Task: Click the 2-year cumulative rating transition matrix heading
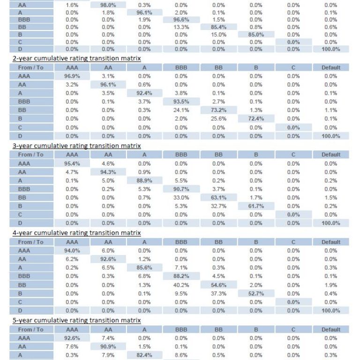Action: pos(77,58)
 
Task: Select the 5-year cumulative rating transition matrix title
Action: pos(77,320)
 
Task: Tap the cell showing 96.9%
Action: pos(72,76)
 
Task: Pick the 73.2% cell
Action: pos(218,110)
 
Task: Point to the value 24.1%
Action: pos(181,110)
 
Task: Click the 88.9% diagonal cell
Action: pos(144,180)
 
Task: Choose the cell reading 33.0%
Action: pos(181,197)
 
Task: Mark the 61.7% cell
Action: pos(256,206)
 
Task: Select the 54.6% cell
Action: pos(218,285)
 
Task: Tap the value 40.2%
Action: pos(181,285)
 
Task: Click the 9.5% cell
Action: pos(181,293)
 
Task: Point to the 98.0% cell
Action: pos(108,5)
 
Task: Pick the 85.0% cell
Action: pos(256,35)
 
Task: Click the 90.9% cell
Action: pos(108,346)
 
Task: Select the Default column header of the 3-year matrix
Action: pos(331,155)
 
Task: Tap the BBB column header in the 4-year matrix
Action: pos(181,242)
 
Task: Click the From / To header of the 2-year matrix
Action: pos(31,67)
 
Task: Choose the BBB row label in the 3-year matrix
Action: pos(24,189)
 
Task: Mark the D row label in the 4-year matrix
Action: pos(20,310)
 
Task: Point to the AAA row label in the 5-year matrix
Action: pos(24,338)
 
